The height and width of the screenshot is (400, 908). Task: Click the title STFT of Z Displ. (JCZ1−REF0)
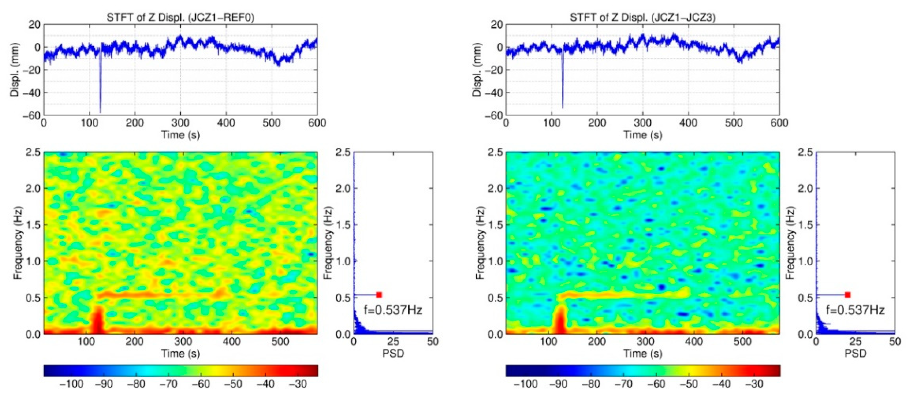click(x=180, y=17)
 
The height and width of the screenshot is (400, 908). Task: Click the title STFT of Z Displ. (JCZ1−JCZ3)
click(x=642, y=17)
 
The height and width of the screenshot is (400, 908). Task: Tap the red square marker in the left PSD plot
click(x=379, y=295)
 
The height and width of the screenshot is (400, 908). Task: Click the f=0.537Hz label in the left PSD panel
click(x=393, y=310)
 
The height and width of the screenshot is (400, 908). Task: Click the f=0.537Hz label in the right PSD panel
click(x=855, y=310)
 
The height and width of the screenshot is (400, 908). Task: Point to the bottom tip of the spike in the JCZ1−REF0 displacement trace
click(x=101, y=112)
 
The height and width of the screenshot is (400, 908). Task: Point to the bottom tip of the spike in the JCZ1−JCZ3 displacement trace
click(x=563, y=108)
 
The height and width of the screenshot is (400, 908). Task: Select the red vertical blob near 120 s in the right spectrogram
click(x=560, y=319)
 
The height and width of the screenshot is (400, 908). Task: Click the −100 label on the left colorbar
click(x=72, y=384)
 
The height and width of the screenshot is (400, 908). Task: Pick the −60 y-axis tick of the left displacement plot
click(x=31, y=115)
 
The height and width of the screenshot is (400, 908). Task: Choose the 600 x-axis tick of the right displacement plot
click(x=779, y=123)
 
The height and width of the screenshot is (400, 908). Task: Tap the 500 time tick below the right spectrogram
click(x=742, y=341)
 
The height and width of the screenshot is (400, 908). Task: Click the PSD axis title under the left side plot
click(x=393, y=353)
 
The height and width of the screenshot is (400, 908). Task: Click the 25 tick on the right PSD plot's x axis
click(x=855, y=341)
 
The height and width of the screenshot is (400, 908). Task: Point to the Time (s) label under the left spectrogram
click(x=181, y=353)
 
